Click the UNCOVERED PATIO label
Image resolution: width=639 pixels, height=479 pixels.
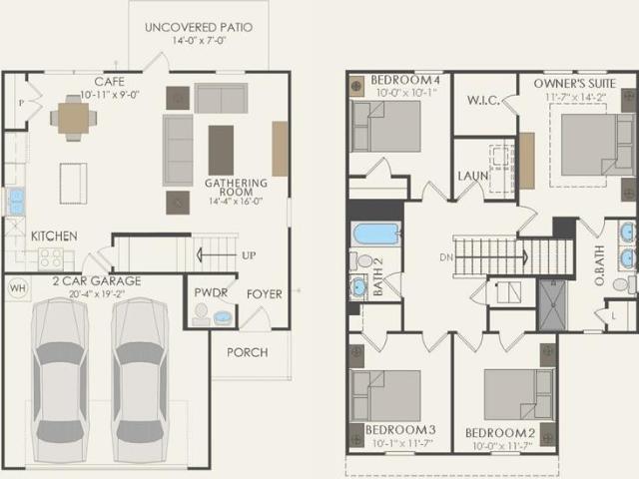coord(199,28)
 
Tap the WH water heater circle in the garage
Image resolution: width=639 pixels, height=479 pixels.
coord(18,288)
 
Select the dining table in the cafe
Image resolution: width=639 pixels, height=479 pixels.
coord(73,119)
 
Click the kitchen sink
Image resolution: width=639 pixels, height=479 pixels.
coord(16,202)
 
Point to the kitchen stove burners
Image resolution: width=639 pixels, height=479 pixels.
coord(51,259)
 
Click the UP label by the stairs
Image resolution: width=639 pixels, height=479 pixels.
coord(249,255)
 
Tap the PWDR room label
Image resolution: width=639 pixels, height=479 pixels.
coord(211,292)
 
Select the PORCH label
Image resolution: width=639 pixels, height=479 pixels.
coord(248,352)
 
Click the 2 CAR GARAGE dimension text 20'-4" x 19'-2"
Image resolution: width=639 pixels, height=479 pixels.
coord(97,293)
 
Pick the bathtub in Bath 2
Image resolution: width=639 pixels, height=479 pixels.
coord(375,235)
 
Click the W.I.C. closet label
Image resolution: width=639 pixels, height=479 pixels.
coord(483,101)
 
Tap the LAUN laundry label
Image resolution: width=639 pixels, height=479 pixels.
coord(472,176)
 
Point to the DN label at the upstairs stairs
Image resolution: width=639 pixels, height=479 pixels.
coord(446,257)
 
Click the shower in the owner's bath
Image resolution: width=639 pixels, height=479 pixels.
coord(552,304)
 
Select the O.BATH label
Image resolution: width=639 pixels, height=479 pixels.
coord(599,265)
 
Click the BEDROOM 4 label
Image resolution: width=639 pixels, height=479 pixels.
coord(401,80)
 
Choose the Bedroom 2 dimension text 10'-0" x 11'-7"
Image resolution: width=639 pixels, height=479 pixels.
coord(502,446)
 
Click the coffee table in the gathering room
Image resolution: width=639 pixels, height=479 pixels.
coord(221,151)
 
